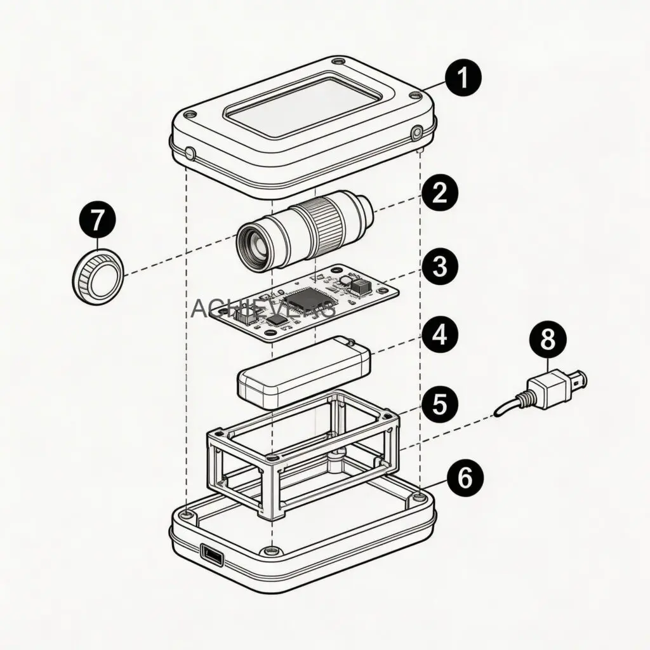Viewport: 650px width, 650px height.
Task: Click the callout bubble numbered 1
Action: (x=463, y=79)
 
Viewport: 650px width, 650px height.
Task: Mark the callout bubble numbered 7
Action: (x=98, y=221)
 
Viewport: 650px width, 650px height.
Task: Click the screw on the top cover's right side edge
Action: (x=416, y=133)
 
